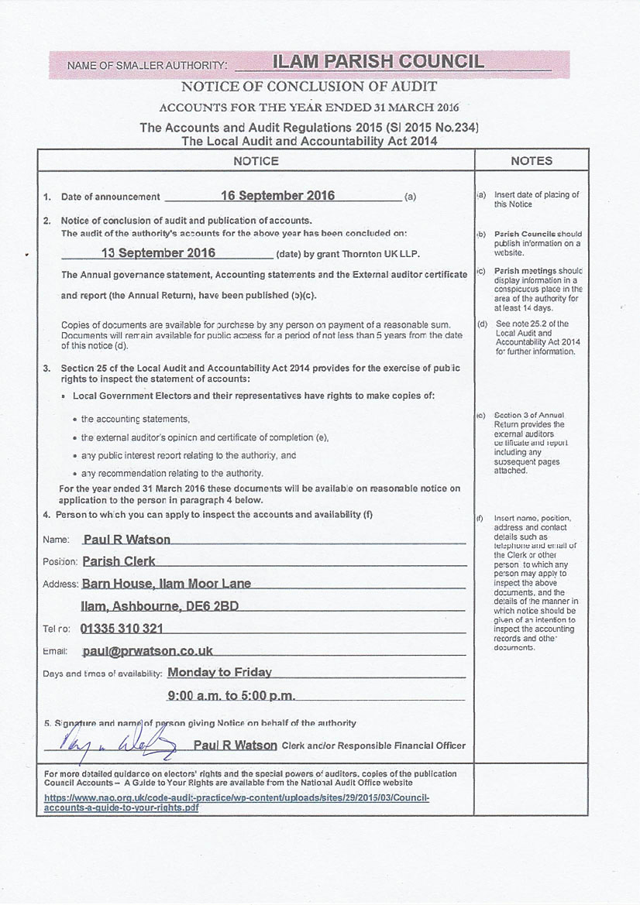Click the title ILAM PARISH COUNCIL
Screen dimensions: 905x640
coord(377,62)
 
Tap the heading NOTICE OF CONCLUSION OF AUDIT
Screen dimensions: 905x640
coord(308,87)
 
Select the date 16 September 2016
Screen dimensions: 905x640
coord(277,196)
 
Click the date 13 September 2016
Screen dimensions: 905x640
coord(158,253)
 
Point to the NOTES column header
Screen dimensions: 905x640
coord(532,161)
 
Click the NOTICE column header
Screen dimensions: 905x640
coord(256,161)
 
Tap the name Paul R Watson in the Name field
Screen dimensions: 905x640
coord(126,540)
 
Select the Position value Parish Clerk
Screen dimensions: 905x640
coord(119,561)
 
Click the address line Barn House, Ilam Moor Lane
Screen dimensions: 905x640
coord(166,584)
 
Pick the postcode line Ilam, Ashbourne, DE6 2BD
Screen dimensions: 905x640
coord(160,606)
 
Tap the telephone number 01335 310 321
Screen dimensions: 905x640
coord(122,629)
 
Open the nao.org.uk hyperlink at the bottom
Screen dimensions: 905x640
coord(236,801)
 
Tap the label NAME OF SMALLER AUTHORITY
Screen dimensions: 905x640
coord(147,66)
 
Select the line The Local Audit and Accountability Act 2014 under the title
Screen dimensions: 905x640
coord(308,141)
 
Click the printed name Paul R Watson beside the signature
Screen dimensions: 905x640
coord(235,745)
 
